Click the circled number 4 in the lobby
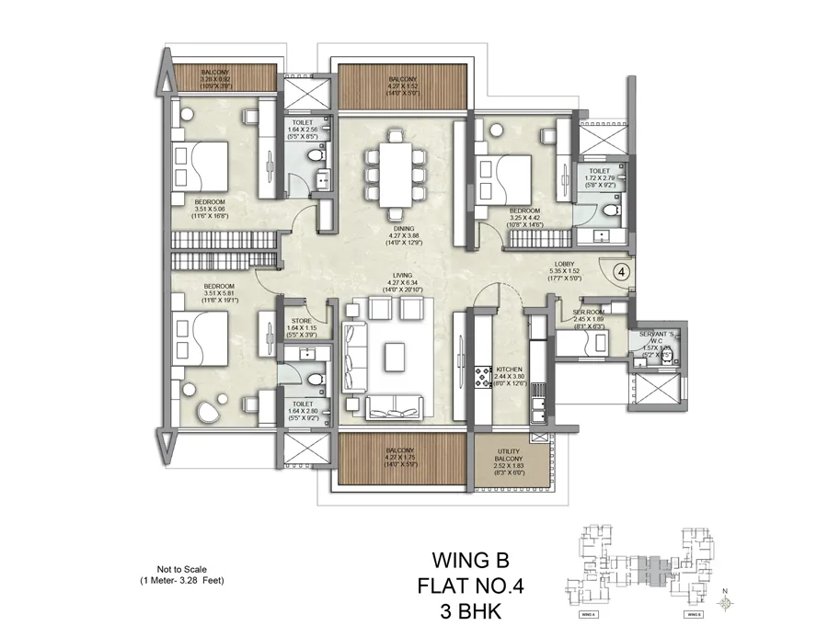coord(621,272)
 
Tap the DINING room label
coord(399,227)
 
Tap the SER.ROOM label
coord(587,312)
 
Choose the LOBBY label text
coord(552,263)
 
